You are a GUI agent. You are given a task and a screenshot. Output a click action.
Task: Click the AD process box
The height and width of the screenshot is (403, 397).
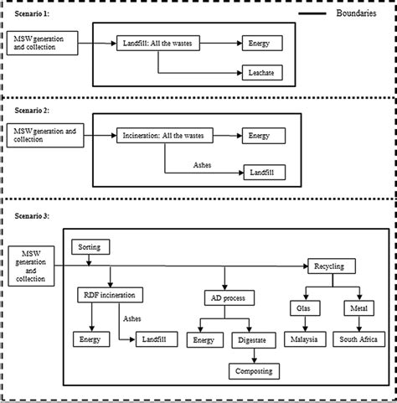229,298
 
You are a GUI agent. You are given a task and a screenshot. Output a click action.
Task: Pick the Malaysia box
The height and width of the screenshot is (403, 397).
305,339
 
